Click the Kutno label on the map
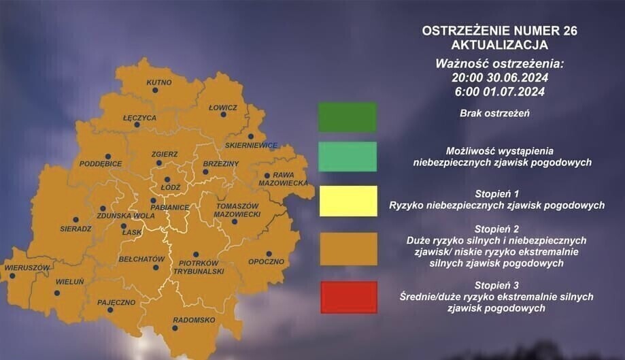(x=158, y=82)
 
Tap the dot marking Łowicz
(x=223, y=116)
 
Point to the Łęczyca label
(x=140, y=118)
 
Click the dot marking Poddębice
(x=107, y=154)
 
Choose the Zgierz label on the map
(x=165, y=154)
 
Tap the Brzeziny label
(x=221, y=163)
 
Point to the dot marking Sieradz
(x=75, y=220)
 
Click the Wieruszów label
(x=27, y=267)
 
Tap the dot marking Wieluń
(x=57, y=293)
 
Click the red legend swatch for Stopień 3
(x=348, y=297)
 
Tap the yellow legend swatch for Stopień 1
(x=348, y=200)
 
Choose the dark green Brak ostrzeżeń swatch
(x=348, y=117)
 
